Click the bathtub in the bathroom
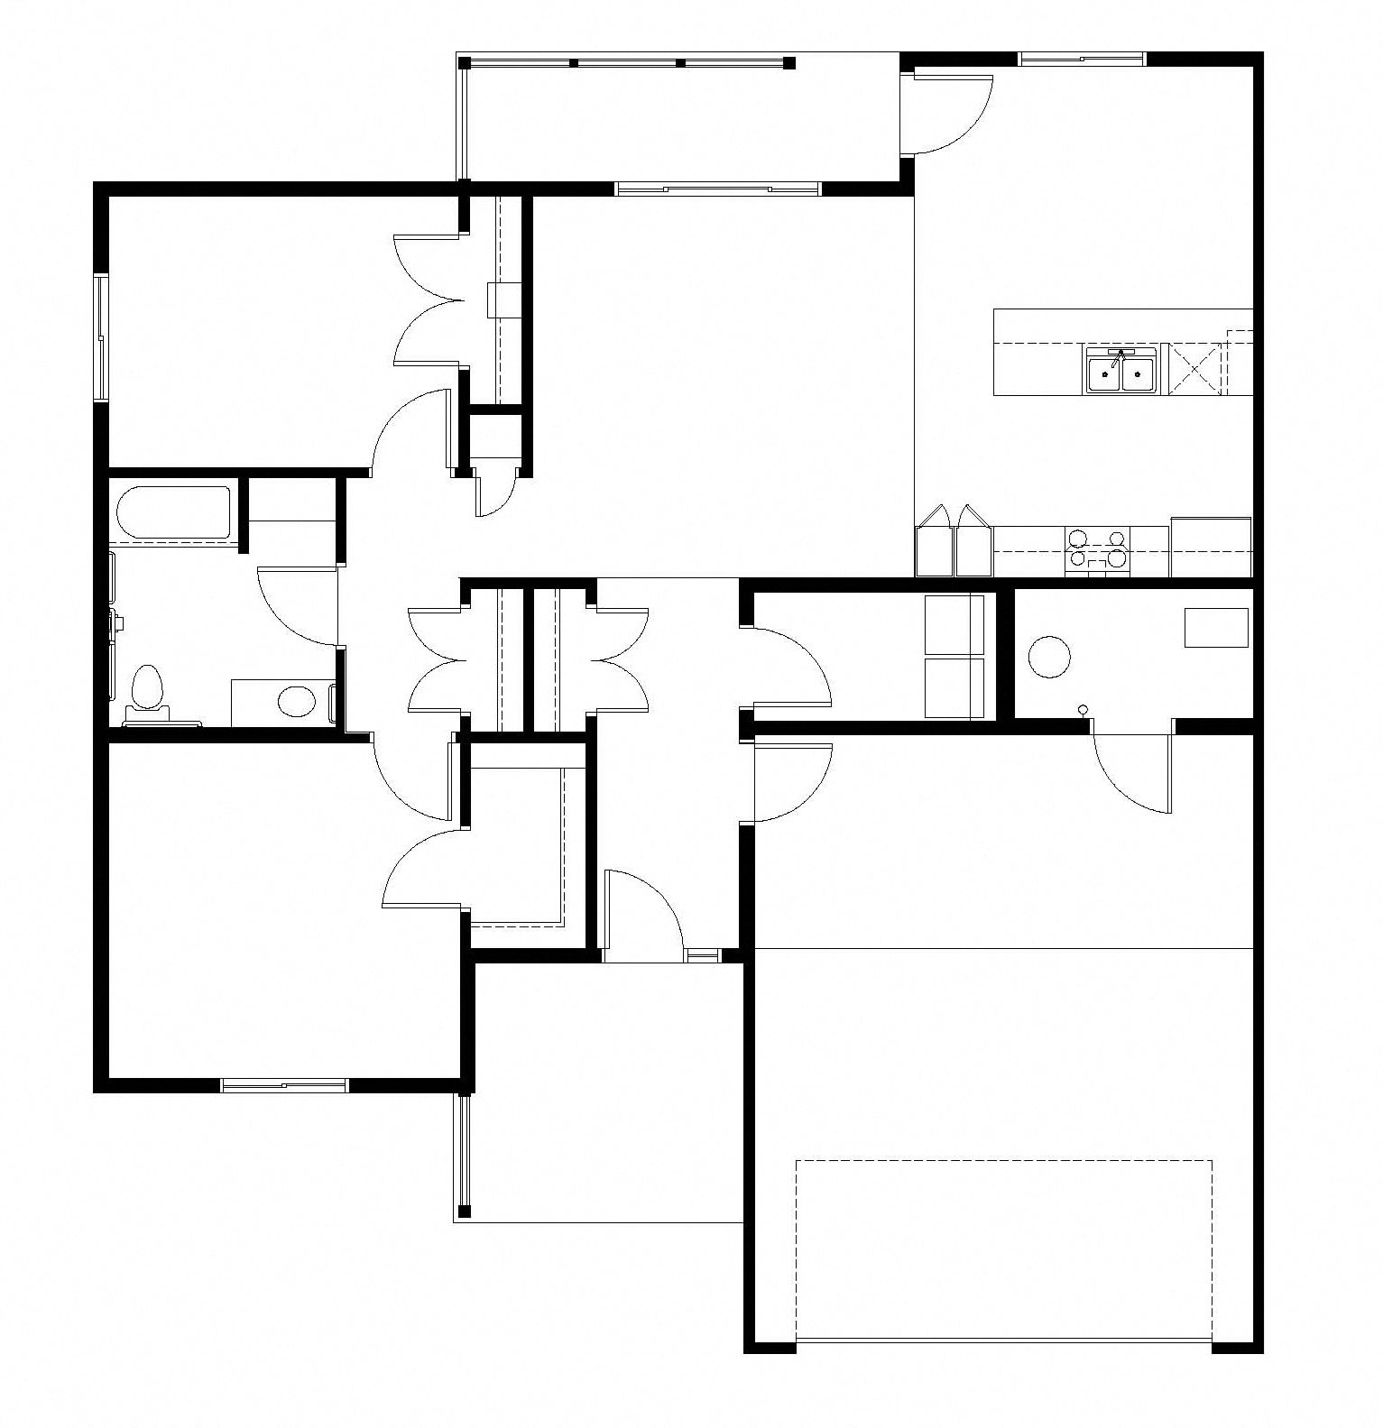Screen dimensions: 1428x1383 click(174, 513)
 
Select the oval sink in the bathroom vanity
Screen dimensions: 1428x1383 click(294, 700)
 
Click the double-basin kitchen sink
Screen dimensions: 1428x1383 click(1121, 372)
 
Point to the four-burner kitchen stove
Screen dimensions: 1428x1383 click(1096, 550)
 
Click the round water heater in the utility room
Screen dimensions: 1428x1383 click(1049, 656)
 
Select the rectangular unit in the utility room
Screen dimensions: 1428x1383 click(1216, 627)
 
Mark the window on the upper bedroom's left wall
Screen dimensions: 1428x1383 click(102, 337)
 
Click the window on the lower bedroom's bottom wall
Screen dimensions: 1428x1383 click(284, 1085)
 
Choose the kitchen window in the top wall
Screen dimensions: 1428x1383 click(1082, 60)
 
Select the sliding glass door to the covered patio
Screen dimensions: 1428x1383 click(717, 189)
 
